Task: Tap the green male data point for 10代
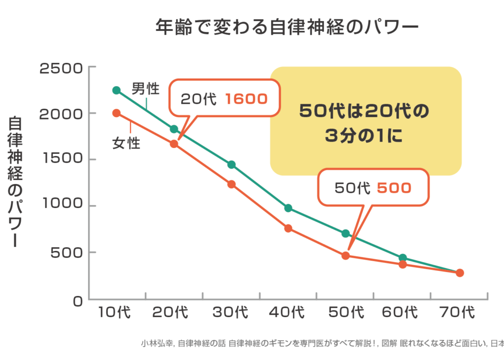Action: (x=117, y=90)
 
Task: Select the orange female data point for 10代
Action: (x=117, y=113)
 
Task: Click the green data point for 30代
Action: (x=231, y=164)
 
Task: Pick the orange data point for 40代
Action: (x=288, y=228)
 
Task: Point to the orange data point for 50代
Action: (x=346, y=256)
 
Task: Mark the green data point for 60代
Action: (x=403, y=258)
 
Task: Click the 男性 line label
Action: (x=146, y=89)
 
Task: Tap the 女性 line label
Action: (x=126, y=144)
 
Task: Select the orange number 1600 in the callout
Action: (x=246, y=99)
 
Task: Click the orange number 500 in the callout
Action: (x=394, y=187)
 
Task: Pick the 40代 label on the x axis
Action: (x=285, y=312)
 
